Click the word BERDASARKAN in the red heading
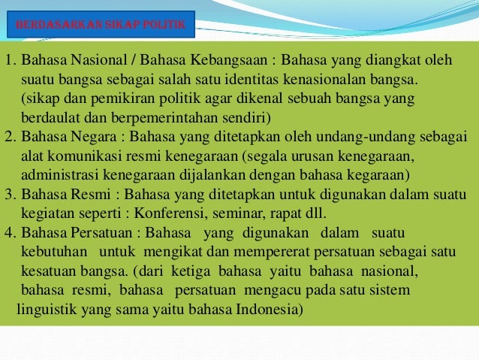tap(51, 26)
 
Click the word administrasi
tap(61, 176)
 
